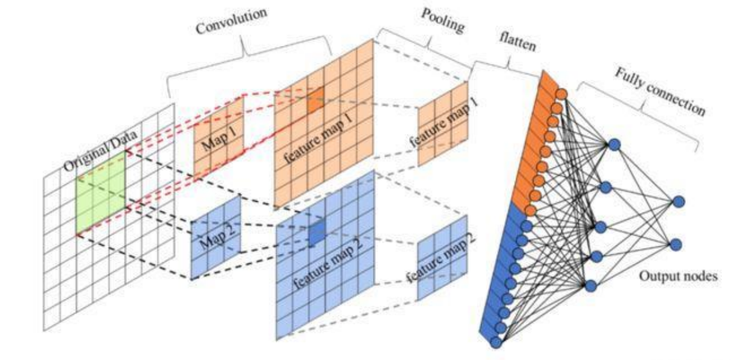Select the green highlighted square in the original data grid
tap(101, 191)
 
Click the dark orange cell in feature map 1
tap(315, 100)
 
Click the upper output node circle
tap(679, 202)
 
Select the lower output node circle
tap(676, 245)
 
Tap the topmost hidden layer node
tap(615, 145)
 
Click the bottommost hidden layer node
tap(591, 286)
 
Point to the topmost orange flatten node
tap(561, 94)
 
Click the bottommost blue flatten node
tap(496, 342)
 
